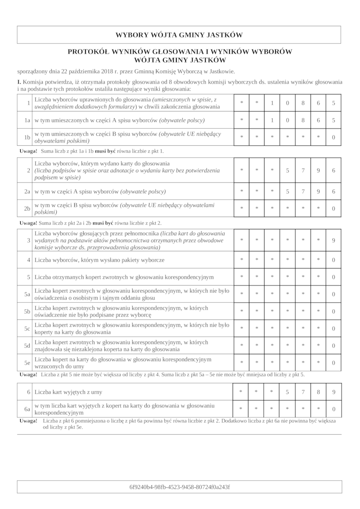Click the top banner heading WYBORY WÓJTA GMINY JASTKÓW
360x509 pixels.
179,35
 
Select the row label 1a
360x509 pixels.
27,121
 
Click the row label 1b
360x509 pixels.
27,137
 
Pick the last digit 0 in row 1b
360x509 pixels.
333,137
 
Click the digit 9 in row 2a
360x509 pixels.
318,192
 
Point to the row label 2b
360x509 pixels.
27,209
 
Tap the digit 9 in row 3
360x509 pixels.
333,241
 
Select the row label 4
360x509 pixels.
28,260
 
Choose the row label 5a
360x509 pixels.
27,294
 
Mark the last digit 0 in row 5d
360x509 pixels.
333,346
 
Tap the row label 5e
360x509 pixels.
27,362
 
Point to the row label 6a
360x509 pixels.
27,409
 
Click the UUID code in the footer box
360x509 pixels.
179,487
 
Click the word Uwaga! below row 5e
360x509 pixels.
28,374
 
